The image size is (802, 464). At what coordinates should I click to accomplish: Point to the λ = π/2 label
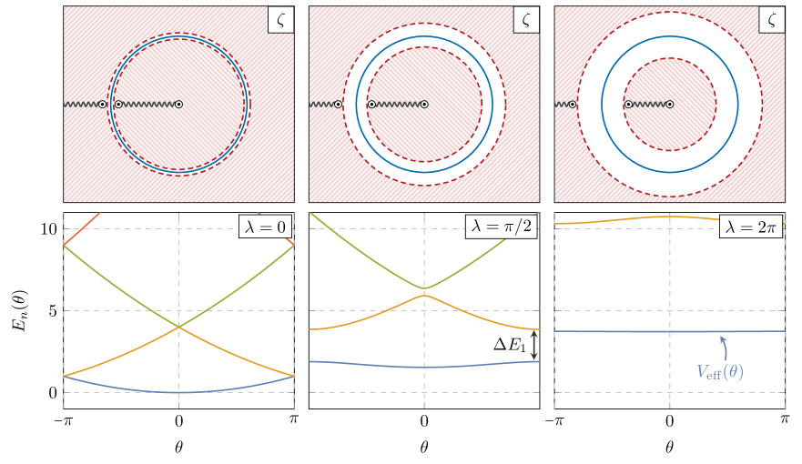500,226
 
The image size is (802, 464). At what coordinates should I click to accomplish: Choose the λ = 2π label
751,226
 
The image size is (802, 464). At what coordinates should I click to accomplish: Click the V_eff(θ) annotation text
720,370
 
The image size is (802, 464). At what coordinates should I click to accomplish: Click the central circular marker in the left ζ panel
179,105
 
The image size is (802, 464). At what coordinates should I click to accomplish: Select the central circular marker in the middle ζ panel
424,105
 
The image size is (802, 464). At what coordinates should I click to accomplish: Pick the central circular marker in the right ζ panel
670,105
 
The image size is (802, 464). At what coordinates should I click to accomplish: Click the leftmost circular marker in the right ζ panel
573,105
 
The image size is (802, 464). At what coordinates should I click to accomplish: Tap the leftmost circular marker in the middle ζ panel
339,105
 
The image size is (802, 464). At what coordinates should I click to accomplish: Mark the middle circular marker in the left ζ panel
118,105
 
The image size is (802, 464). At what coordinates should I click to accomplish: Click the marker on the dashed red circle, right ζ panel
628,105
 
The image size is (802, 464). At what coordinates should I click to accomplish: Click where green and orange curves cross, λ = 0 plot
179,327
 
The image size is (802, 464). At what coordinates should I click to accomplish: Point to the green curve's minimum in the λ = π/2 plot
424,288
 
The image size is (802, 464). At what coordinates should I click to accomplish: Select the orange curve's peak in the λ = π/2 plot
424,295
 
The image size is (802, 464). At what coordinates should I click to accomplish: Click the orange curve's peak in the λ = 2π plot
670,217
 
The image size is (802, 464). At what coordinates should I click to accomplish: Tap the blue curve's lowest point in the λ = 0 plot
179,392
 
